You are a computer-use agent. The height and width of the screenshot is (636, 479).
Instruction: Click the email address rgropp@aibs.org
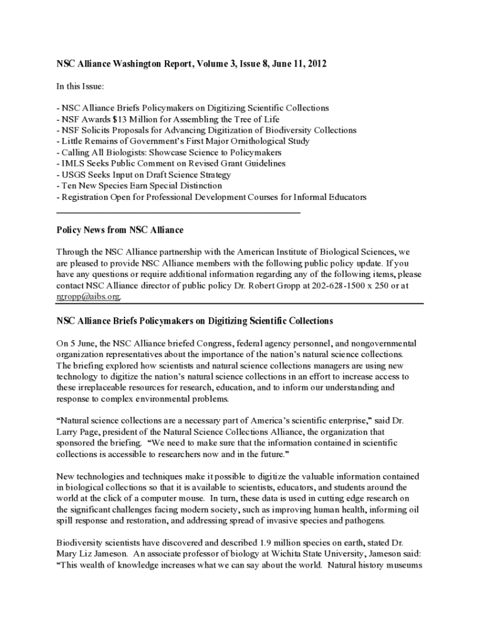pos(88,296)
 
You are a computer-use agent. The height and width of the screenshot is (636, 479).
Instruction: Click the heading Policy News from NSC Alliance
pos(119,230)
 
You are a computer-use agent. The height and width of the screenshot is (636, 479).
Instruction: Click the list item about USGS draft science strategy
pos(143,175)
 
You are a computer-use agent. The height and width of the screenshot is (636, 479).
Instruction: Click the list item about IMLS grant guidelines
pos(171,163)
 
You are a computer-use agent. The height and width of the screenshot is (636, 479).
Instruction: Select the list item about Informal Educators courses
pos(212,197)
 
